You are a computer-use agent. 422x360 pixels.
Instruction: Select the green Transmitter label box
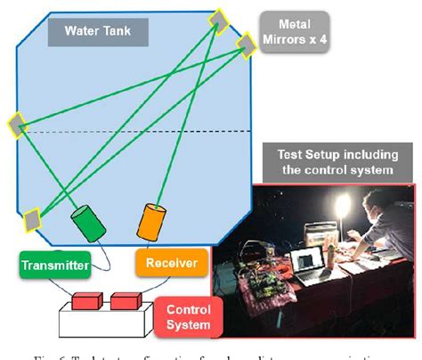tap(54, 263)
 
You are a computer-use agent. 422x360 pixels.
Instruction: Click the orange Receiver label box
tap(172, 261)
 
